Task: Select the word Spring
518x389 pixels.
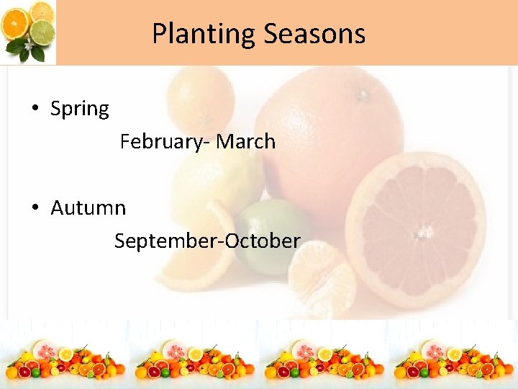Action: [x=80, y=109]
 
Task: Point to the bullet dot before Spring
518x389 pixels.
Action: [x=35, y=109]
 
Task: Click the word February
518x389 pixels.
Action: [x=160, y=141]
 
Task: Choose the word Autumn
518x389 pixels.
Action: [x=88, y=208]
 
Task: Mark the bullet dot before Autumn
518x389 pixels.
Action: [x=35, y=208]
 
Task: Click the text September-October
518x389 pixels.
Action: [x=206, y=241]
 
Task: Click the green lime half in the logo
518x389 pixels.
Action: [x=44, y=32]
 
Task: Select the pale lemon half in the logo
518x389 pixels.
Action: [x=42, y=12]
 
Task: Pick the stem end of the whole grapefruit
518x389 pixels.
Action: [x=364, y=94]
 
